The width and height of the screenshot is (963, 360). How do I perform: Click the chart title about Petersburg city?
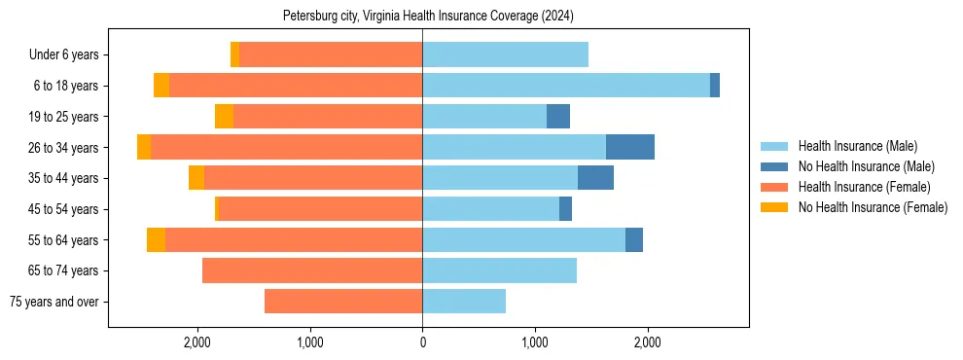[429, 17]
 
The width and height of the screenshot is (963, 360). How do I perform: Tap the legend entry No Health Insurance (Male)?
[866, 166]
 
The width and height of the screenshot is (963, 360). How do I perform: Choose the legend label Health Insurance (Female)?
[864, 187]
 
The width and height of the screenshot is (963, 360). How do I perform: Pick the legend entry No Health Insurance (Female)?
[873, 207]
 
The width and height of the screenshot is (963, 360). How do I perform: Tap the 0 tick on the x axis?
[422, 342]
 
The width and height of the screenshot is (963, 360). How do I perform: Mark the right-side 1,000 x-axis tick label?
[535, 342]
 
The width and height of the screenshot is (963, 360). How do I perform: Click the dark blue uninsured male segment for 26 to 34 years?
[630, 147]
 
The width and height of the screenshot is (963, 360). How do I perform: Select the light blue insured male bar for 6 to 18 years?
[566, 86]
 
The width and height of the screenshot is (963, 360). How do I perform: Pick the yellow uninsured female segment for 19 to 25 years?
[224, 117]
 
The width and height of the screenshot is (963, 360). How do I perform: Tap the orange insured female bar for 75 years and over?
[343, 302]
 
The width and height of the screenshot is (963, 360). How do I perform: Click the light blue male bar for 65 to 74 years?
[499, 270]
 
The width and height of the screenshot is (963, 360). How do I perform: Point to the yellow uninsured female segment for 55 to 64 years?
[156, 239]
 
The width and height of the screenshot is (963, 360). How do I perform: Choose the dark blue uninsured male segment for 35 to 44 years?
[595, 178]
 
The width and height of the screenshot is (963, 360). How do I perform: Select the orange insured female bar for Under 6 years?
[331, 54]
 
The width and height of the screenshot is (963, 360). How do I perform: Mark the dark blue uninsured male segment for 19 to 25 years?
[558, 117]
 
